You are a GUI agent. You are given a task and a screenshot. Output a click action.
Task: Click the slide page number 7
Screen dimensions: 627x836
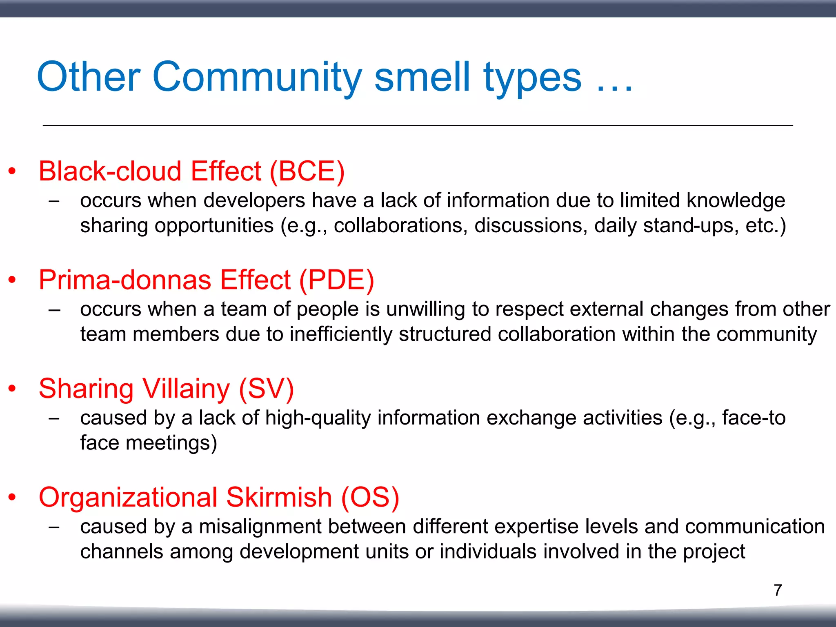778,590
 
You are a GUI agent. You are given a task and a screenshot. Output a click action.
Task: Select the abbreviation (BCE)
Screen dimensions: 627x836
307,171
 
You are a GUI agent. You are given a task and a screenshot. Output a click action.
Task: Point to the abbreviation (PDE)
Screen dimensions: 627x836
336,280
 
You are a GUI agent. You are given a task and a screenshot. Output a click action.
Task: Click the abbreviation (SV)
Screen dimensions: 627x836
266,389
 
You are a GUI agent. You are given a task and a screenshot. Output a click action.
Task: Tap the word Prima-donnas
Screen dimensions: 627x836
125,280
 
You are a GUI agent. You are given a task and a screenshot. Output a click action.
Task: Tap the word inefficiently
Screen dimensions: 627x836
341,334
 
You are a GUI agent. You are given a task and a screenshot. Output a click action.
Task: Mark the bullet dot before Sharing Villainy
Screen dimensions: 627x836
12,389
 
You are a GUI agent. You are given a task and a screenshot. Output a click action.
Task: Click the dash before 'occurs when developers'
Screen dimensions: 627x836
54,201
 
